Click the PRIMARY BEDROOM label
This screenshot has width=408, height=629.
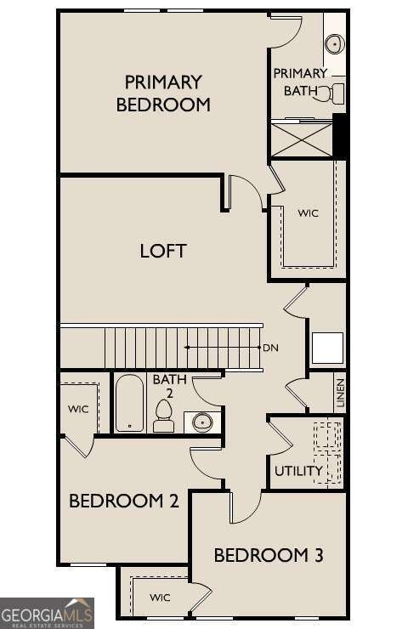(x=163, y=93)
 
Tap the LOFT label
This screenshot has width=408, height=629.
(x=163, y=251)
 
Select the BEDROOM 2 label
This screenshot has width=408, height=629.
(x=124, y=501)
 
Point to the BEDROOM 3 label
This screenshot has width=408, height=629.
(x=269, y=556)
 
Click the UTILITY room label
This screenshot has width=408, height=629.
(x=298, y=471)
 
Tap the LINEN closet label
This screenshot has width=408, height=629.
(x=340, y=394)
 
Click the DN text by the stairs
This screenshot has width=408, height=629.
(x=271, y=348)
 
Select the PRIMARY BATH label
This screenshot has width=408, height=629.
(x=301, y=82)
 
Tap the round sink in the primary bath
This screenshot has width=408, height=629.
(x=335, y=43)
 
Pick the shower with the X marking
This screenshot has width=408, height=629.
(x=301, y=139)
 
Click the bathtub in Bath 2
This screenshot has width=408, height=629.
(x=129, y=404)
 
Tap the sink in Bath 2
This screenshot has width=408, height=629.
(x=202, y=420)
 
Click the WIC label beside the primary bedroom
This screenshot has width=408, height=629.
(x=309, y=212)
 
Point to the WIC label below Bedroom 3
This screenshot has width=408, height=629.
(x=161, y=598)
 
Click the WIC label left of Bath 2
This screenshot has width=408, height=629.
(x=78, y=409)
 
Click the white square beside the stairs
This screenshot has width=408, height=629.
(x=327, y=348)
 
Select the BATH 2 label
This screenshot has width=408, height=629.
(x=170, y=386)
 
